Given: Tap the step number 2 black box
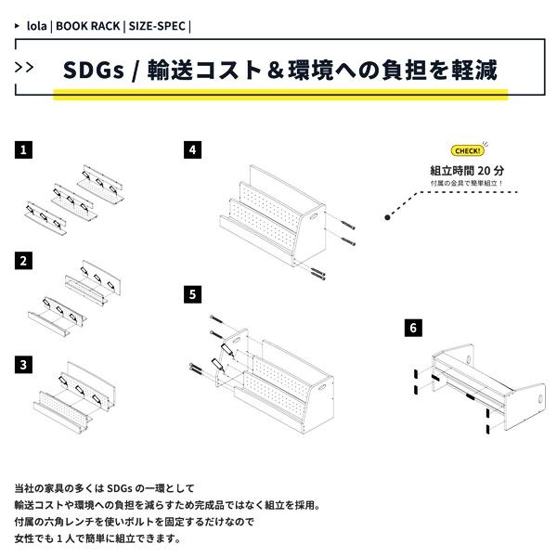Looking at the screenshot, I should tap(23, 261).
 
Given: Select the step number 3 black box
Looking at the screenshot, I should tap(23, 364).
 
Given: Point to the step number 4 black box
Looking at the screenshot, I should tap(192, 149).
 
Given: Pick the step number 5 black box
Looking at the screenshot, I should tap(192, 293).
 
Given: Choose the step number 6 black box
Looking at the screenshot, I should tap(413, 328).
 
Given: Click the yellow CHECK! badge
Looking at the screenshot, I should tap(468, 151).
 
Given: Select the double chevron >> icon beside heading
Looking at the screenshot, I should tap(26, 67).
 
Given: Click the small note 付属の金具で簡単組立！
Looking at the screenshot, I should tap(468, 184).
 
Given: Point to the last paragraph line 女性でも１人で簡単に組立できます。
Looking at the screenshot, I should tap(97, 538).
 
